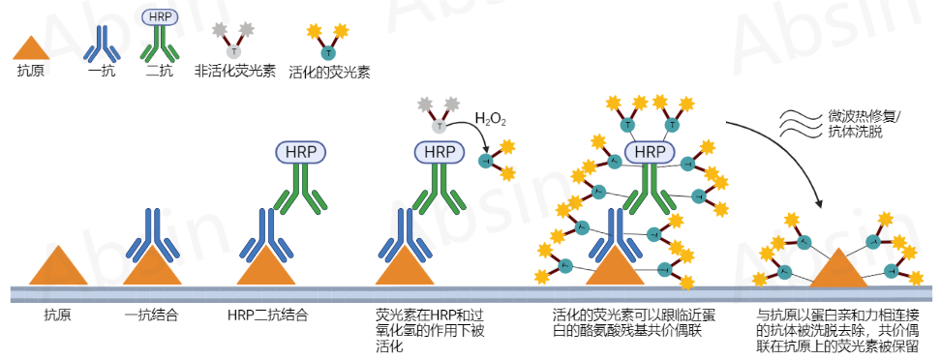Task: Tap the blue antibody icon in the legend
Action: (101, 43)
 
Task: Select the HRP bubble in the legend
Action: (159, 16)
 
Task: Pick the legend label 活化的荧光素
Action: (329, 72)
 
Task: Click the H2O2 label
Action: (491, 120)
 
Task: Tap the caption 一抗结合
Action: (152, 315)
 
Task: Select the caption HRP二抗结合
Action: (268, 315)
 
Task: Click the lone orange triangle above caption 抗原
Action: (58, 266)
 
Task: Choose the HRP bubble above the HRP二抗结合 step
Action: (301, 152)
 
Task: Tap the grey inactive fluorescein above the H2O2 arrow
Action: (439, 114)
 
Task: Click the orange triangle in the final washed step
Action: (838, 269)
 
